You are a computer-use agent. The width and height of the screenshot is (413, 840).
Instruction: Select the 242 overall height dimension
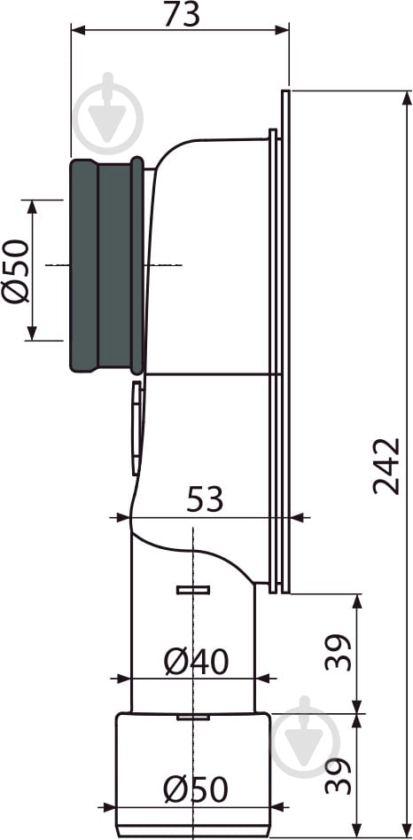tap(386, 465)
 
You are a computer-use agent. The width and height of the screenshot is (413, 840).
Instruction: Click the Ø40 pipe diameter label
tap(196, 661)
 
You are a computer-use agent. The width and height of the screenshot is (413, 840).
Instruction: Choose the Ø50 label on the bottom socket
tap(196, 789)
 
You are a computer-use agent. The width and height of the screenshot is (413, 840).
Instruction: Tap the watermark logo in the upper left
tap(108, 116)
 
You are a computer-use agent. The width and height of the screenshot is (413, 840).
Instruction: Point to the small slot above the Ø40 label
tap(191, 589)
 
